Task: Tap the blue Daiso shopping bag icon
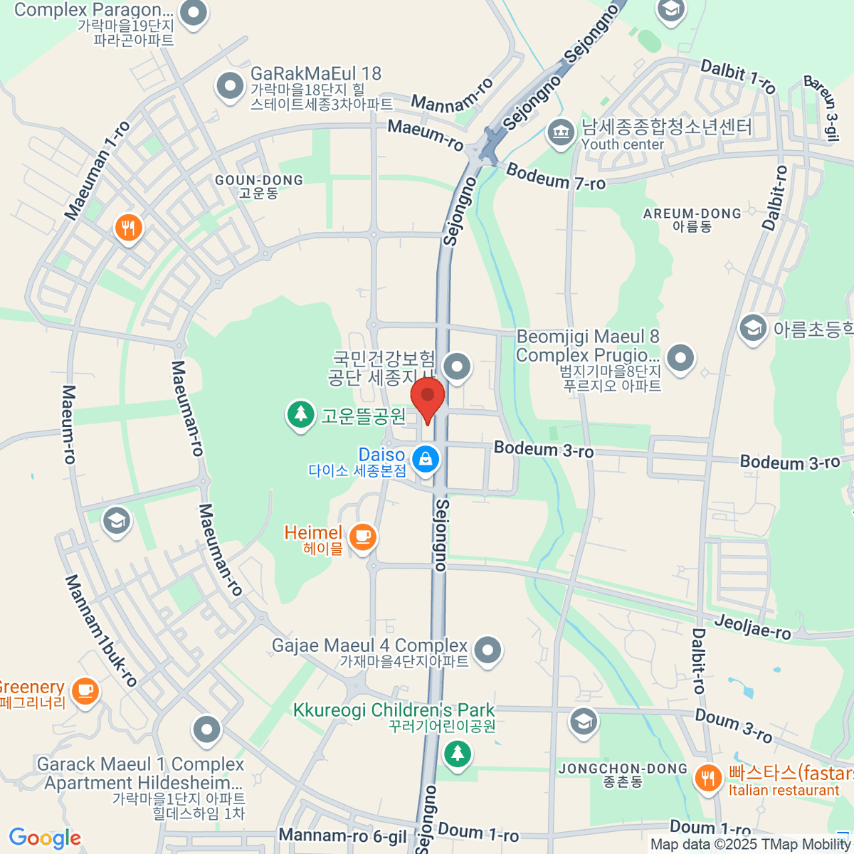(x=426, y=458)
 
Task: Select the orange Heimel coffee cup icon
(x=363, y=535)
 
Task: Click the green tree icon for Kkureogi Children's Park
(x=457, y=753)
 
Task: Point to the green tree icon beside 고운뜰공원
(x=300, y=414)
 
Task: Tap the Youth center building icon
(x=561, y=132)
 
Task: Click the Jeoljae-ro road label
(x=752, y=627)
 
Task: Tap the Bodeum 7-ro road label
(x=556, y=176)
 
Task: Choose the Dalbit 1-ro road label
(x=738, y=77)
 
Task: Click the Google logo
(x=45, y=838)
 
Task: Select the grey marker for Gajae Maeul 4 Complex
(x=487, y=650)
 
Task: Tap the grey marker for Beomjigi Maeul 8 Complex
(x=680, y=357)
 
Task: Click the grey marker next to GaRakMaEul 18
(x=229, y=87)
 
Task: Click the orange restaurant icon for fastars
(x=707, y=777)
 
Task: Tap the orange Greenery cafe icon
(x=85, y=690)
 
